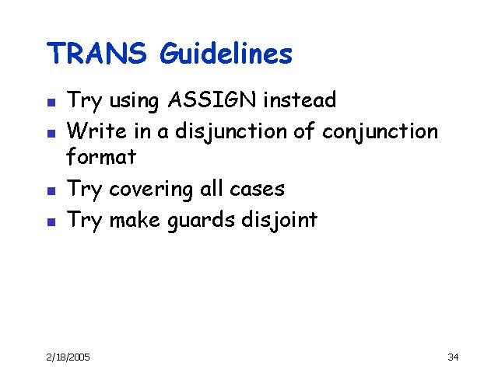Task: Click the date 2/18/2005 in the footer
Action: coord(67,357)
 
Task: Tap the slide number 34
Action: coord(453,357)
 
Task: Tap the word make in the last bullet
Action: coord(134,220)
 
